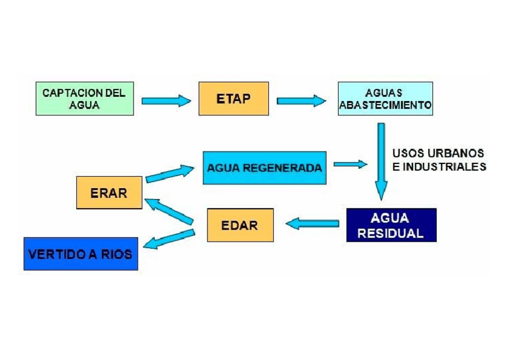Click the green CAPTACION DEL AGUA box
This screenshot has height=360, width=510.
tap(84, 99)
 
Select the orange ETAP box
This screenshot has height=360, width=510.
tap(233, 99)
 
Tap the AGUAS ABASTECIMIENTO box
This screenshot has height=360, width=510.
tap(385, 99)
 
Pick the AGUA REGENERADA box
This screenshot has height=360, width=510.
tap(265, 168)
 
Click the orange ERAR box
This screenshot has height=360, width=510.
tap(109, 192)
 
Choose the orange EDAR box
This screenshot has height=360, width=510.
tap(239, 225)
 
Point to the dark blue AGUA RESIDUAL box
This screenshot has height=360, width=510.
tap(391, 225)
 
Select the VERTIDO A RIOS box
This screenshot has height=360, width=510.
tap(81, 254)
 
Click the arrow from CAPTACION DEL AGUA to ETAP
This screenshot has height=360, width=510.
tap(166, 100)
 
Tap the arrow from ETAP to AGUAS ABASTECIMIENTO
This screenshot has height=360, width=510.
tap(301, 100)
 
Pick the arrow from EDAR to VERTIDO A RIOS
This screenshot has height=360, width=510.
tap(169, 239)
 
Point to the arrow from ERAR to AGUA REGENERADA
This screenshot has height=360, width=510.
tap(170, 174)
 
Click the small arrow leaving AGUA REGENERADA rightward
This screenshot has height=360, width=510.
tap(350, 163)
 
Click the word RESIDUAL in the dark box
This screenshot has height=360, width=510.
tap(391, 233)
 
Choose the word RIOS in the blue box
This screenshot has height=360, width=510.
tap(115, 254)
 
